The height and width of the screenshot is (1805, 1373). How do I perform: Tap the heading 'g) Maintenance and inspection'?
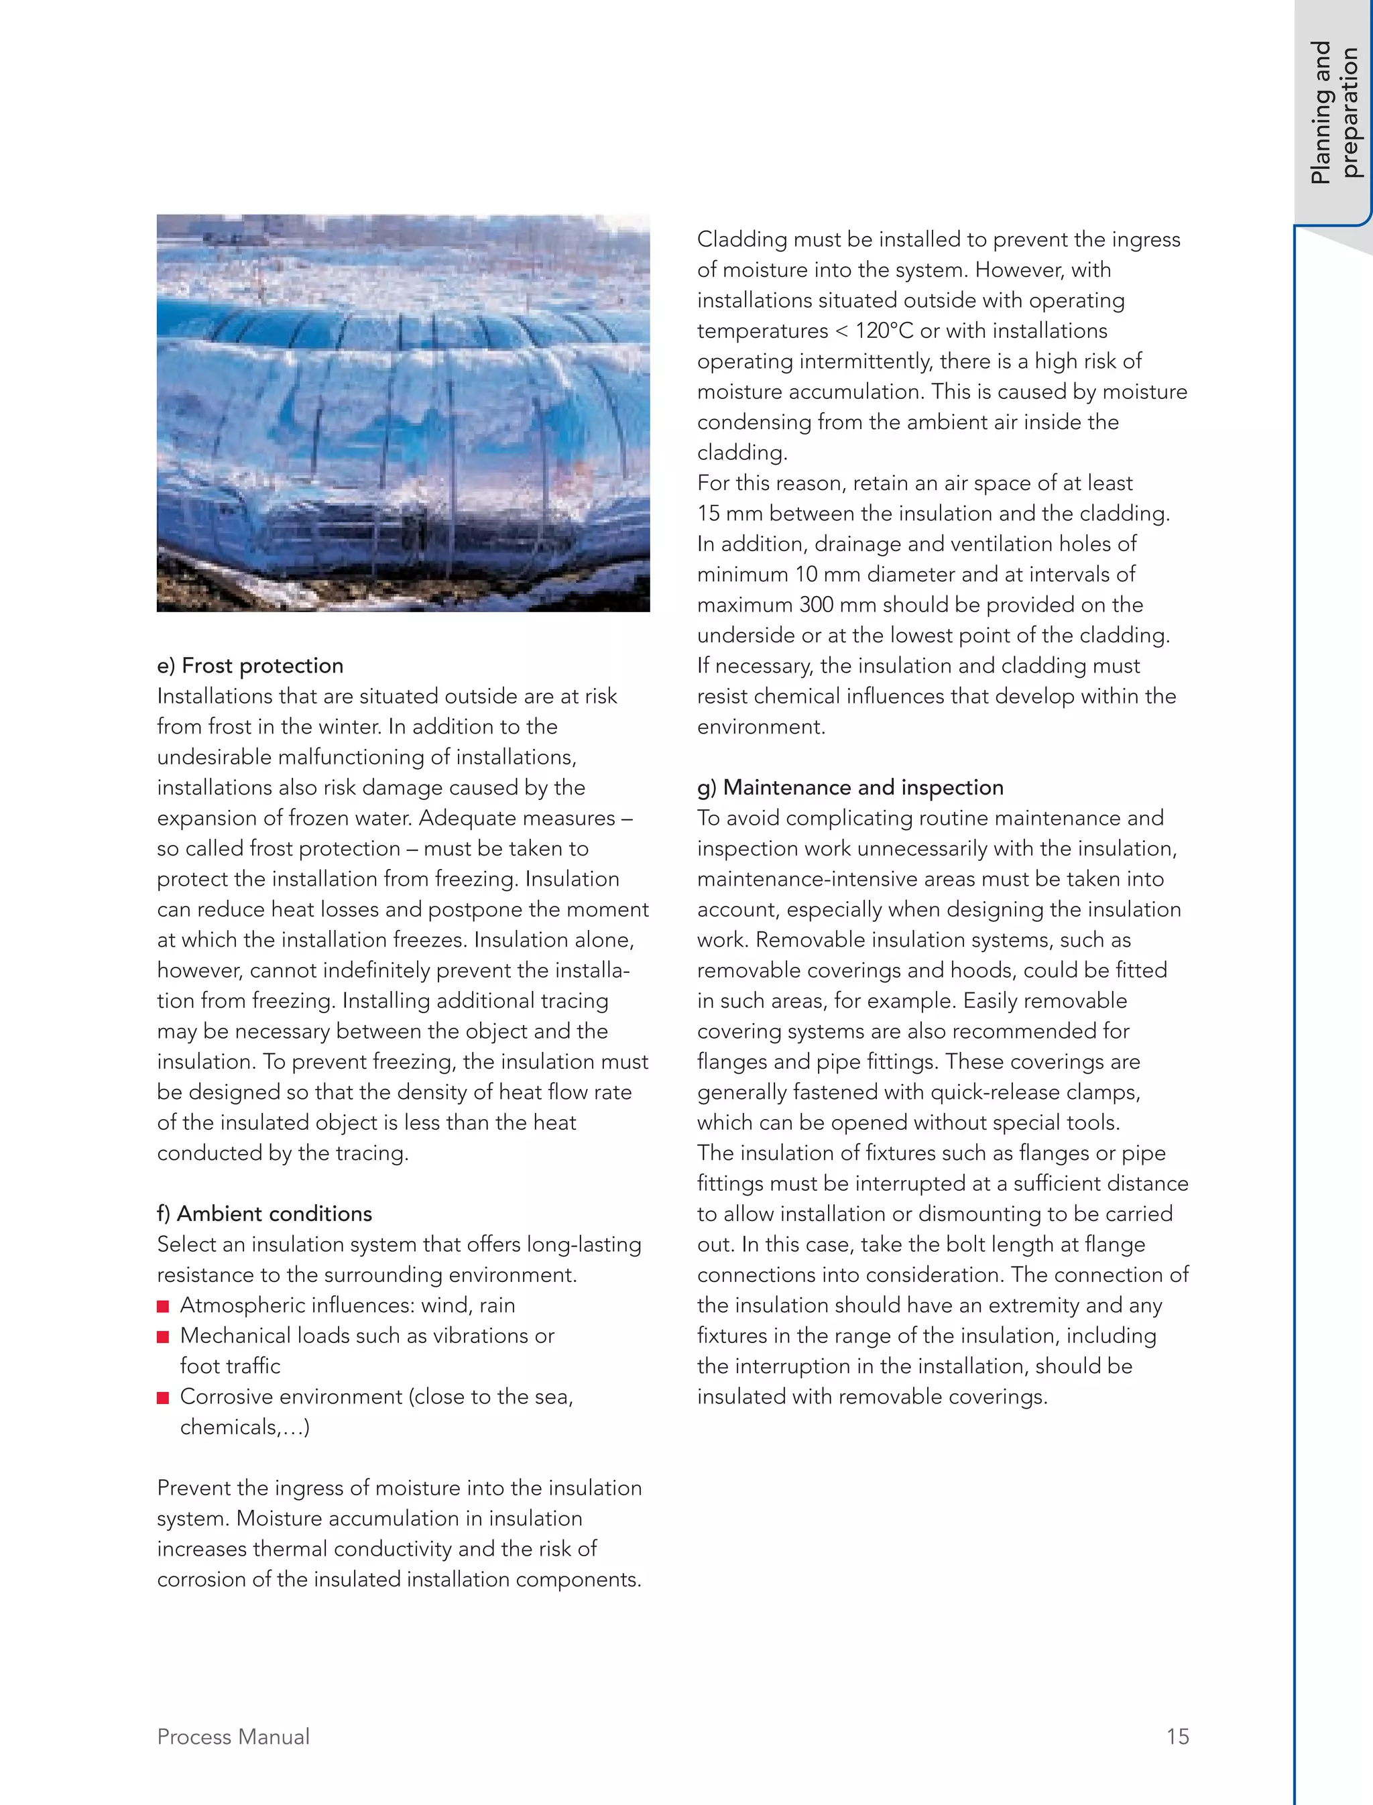coord(850,787)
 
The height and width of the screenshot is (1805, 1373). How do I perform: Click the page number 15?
coord(1178,1737)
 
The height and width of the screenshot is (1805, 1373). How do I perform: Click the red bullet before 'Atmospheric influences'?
coord(163,1306)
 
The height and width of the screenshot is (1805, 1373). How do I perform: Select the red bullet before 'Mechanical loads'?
coord(163,1336)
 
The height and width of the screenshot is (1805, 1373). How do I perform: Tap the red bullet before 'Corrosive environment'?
coord(163,1398)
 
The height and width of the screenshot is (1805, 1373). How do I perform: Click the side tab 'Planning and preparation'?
coord(1333,113)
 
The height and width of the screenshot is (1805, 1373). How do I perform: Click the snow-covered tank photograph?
coord(403,413)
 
